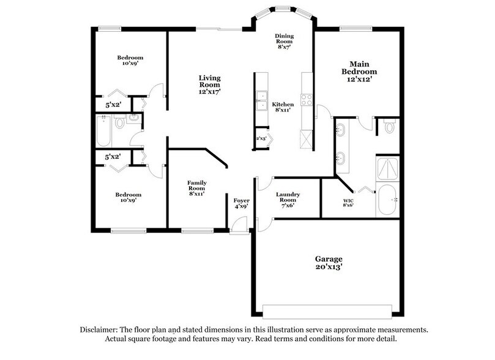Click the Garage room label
tap(329, 259)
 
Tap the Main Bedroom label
tap(359, 68)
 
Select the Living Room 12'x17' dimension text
tap(209, 92)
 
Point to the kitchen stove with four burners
tap(307, 100)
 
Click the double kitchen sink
tap(262, 101)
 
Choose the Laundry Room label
tap(288, 197)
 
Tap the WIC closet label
tap(348, 201)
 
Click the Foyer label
tap(242, 201)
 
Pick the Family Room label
tap(197, 186)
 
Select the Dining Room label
tap(284, 39)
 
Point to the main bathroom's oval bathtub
tap(387, 200)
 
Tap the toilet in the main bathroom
tap(390, 126)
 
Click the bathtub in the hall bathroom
tap(103, 131)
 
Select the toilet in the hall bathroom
tap(119, 121)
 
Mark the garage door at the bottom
tap(327, 312)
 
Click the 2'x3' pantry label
tap(261, 138)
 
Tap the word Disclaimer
tap(99, 329)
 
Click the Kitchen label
tap(283, 105)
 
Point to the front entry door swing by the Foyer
tap(239, 225)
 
